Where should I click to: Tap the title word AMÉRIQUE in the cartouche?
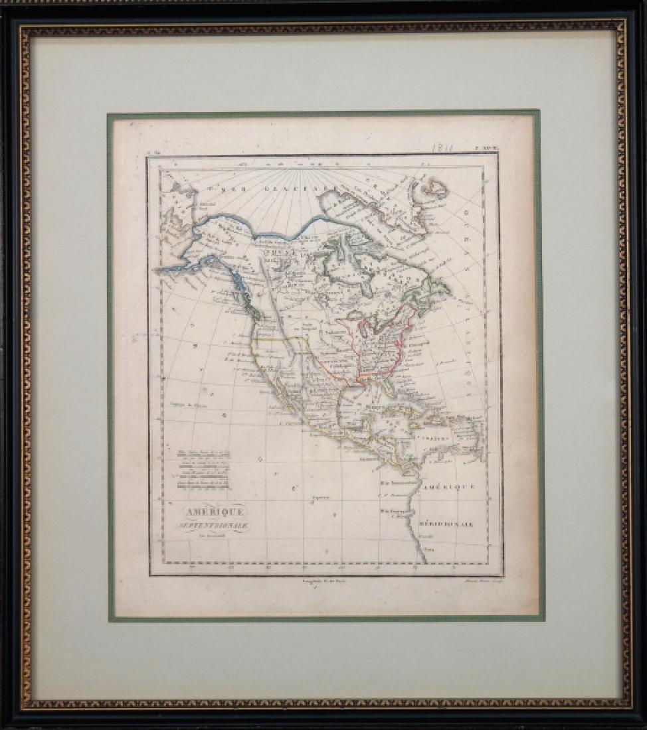tap(202, 512)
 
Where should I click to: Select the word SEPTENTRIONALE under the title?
tap(202, 525)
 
